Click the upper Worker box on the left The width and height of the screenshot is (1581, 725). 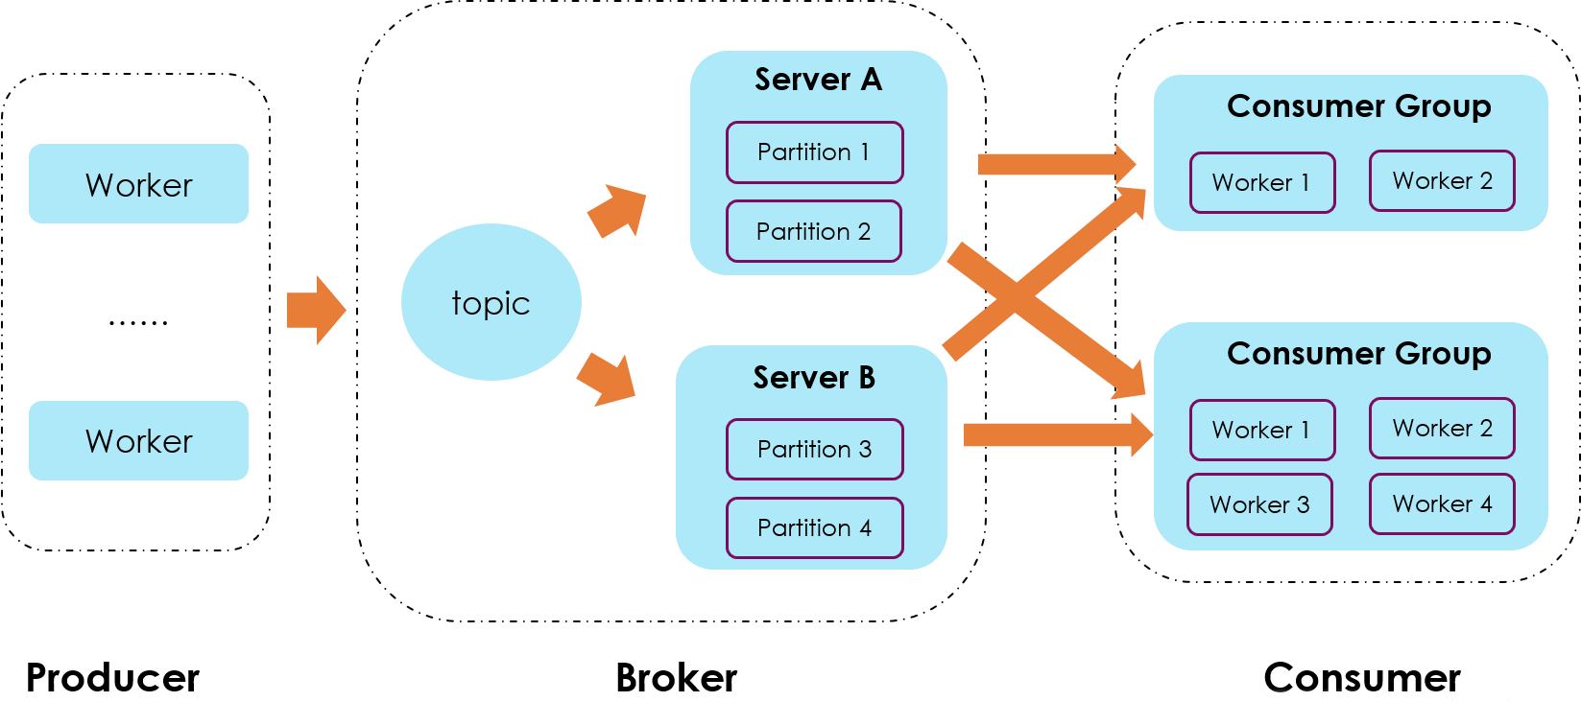138,184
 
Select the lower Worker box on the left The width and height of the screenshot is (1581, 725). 138,440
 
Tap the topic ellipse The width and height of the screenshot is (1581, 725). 491,303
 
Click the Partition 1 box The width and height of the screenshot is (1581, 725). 814,152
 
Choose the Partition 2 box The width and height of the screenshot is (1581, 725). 813,231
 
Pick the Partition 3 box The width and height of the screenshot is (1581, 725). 814,449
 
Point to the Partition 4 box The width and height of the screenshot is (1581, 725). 814,527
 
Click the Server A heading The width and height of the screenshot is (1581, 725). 818,80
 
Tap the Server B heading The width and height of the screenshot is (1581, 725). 814,378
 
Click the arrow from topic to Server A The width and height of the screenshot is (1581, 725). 618,211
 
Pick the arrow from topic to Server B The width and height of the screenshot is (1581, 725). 608,380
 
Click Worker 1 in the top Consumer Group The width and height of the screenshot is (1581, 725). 1261,182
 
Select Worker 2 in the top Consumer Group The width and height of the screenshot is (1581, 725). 1442,180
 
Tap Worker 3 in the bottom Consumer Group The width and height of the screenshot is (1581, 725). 1259,504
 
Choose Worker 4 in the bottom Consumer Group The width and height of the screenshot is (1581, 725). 1442,503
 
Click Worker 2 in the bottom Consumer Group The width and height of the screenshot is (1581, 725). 1442,428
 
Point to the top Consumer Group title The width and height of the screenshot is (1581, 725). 1358,106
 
